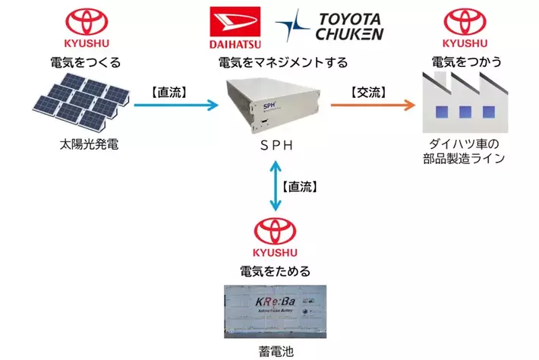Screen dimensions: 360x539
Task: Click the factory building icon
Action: [x=462, y=103]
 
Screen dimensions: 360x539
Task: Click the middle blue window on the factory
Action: [x=462, y=112]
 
